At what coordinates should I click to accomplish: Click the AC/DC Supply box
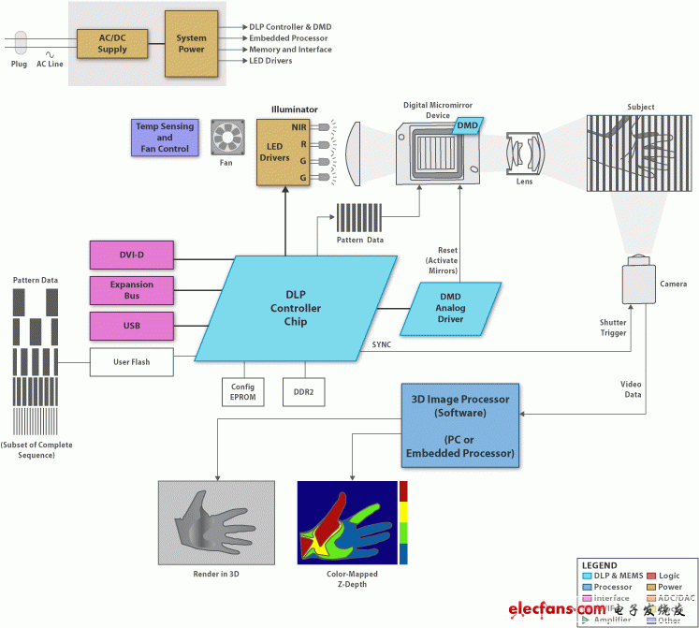click(112, 43)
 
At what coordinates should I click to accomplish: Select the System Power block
click(191, 43)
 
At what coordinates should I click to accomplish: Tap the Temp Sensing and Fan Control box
click(165, 137)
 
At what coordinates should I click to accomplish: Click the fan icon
click(226, 137)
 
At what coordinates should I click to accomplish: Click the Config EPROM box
click(241, 390)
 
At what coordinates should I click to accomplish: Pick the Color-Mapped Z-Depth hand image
click(347, 522)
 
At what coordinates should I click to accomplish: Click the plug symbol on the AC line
click(22, 43)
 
